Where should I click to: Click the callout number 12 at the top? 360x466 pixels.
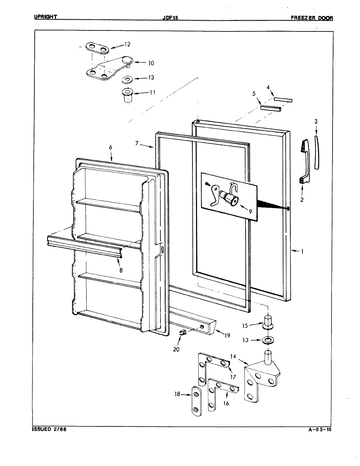coord(127,44)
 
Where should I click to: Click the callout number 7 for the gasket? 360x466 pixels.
coord(137,143)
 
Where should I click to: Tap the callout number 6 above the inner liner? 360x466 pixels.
coord(110,147)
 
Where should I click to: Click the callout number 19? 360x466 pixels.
coord(227,335)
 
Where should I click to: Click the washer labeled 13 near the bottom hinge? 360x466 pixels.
coord(268,341)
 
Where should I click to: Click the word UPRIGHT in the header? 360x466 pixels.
coord(46,17)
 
